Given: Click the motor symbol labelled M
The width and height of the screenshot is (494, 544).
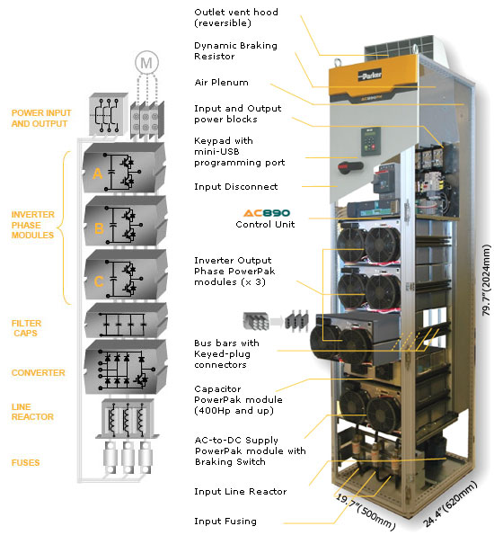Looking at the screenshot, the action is click(146, 63).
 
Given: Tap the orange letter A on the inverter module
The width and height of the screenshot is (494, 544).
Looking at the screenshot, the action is click(97, 174).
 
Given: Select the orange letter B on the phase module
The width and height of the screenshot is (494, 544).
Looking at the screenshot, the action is click(99, 228).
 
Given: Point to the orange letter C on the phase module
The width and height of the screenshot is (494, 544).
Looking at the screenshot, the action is click(99, 281).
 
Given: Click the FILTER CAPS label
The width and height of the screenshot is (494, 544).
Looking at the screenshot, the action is click(26, 328).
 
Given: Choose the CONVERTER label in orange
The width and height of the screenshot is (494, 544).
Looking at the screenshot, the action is click(38, 372).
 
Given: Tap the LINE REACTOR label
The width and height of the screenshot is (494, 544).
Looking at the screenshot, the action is click(32, 412).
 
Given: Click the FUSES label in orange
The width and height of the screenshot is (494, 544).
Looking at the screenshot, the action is click(25, 462).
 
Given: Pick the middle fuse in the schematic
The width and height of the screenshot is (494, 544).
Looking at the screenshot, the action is click(128, 458).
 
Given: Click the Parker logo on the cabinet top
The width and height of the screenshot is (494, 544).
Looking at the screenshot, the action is click(370, 75).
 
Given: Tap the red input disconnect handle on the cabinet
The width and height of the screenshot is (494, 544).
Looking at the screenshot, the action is click(350, 166).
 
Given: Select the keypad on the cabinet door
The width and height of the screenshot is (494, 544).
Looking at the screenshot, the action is click(371, 141).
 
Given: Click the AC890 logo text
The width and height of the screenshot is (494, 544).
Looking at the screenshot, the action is click(266, 213).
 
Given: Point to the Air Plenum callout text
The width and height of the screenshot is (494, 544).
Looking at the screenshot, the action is click(221, 83).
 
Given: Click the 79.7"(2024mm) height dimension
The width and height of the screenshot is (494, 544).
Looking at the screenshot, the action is click(487, 281).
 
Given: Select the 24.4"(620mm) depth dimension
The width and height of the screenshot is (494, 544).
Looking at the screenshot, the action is click(450, 504).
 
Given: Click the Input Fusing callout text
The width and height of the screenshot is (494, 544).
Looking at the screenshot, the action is click(225, 522).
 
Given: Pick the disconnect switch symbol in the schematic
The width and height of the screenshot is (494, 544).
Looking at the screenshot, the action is click(109, 114).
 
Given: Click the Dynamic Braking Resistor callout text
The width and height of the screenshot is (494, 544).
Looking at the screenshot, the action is click(235, 51).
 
